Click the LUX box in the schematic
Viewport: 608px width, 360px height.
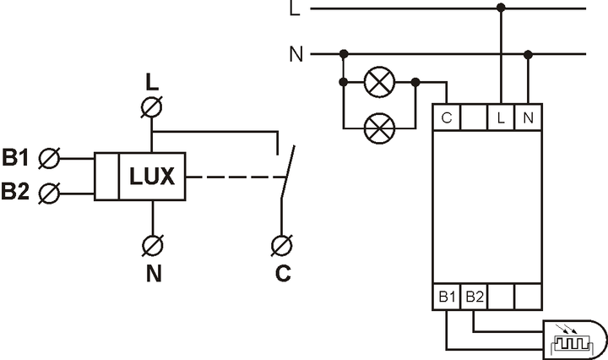coord(152,177)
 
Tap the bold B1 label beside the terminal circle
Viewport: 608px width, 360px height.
coord(15,157)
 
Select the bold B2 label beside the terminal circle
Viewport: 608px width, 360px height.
coord(15,191)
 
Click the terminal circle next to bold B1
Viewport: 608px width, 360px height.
coord(49,159)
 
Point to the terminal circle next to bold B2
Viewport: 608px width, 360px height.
coord(49,194)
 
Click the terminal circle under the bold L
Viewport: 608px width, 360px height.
coord(152,107)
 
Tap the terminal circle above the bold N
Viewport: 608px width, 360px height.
coord(152,245)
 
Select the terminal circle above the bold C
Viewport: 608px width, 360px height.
coord(282,246)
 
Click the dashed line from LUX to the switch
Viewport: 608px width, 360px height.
coord(236,177)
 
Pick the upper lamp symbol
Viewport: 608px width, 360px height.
coord(380,82)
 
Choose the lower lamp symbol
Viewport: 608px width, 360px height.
coord(380,128)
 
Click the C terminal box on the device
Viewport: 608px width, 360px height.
coord(447,117)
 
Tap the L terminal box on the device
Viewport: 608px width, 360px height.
coord(501,117)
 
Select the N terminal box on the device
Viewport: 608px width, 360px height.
coord(528,117)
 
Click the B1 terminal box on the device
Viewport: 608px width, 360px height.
coord(447,297)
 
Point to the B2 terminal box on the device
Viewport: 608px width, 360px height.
coord(474,297)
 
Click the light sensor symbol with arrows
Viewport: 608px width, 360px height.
coord(574,340)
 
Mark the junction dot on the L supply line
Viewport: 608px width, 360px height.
coord(501,8)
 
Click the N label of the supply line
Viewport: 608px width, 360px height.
coord(296,54)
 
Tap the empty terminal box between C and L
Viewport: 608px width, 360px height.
coord(474,117)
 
